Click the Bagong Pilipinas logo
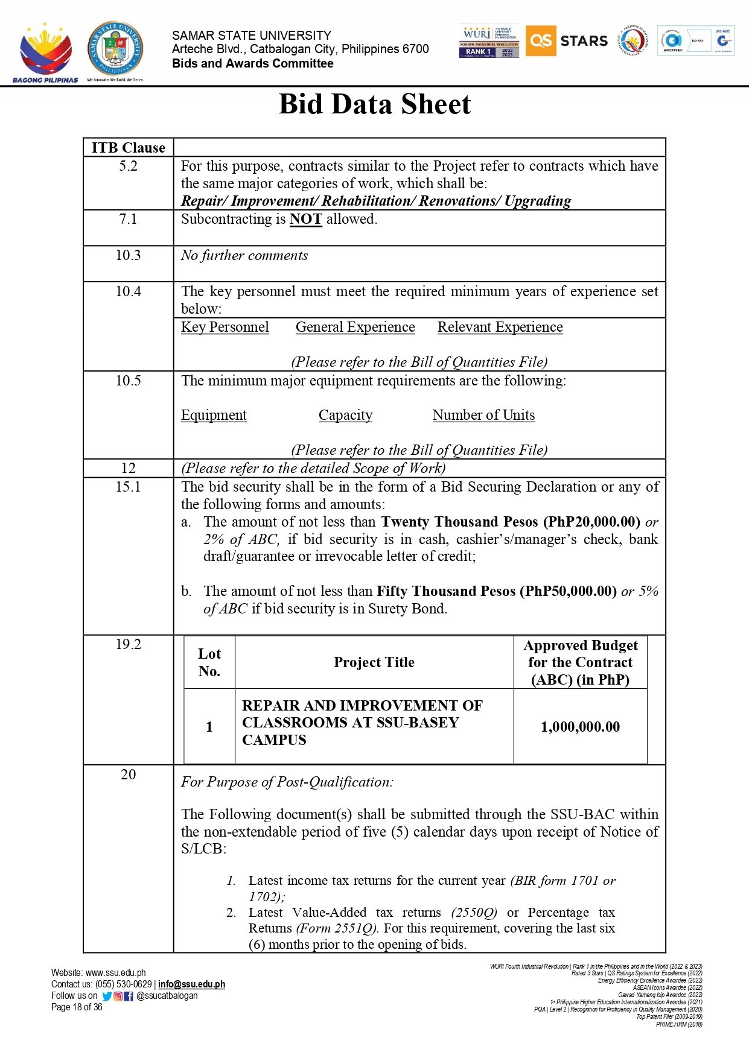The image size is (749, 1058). [45, 53]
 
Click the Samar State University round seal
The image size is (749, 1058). [115, 49]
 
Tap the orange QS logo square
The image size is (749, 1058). [540, 41]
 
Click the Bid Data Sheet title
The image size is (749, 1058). [374, 104]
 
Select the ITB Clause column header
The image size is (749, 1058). [128, 148]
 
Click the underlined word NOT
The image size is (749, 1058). [305, 220]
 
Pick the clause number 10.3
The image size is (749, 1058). [128, 255]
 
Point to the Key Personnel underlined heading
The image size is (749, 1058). [225, 327]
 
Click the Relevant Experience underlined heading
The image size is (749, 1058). [500, 327]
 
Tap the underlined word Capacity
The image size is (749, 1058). [345, 415]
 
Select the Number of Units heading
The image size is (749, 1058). [483, 415]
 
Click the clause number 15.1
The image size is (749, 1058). [128, 487]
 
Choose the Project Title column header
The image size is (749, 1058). [374, 662]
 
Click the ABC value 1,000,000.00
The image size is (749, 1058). [580, 727]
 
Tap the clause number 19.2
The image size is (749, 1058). [128, 644]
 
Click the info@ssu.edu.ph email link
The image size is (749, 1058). [191, 984]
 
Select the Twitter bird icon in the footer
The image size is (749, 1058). [107, 996]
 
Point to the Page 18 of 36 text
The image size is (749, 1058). [77, 1007]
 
